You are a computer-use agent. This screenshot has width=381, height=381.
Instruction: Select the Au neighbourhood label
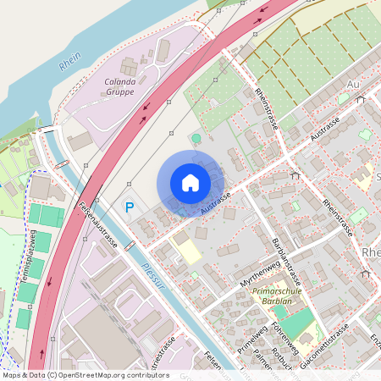pyautogui.click(x=354, y=85)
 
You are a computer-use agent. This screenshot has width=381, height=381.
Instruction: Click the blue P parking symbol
pyautogui.click(x=130, y=207)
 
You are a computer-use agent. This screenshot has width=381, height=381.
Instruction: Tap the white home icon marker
pyautogui.click(x=190, y=182)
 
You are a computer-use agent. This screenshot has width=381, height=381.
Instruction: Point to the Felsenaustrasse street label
pyautogui.click(x=98, y=224)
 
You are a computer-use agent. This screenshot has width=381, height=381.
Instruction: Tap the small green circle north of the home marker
pyautogui.click(x=196, y=138)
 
